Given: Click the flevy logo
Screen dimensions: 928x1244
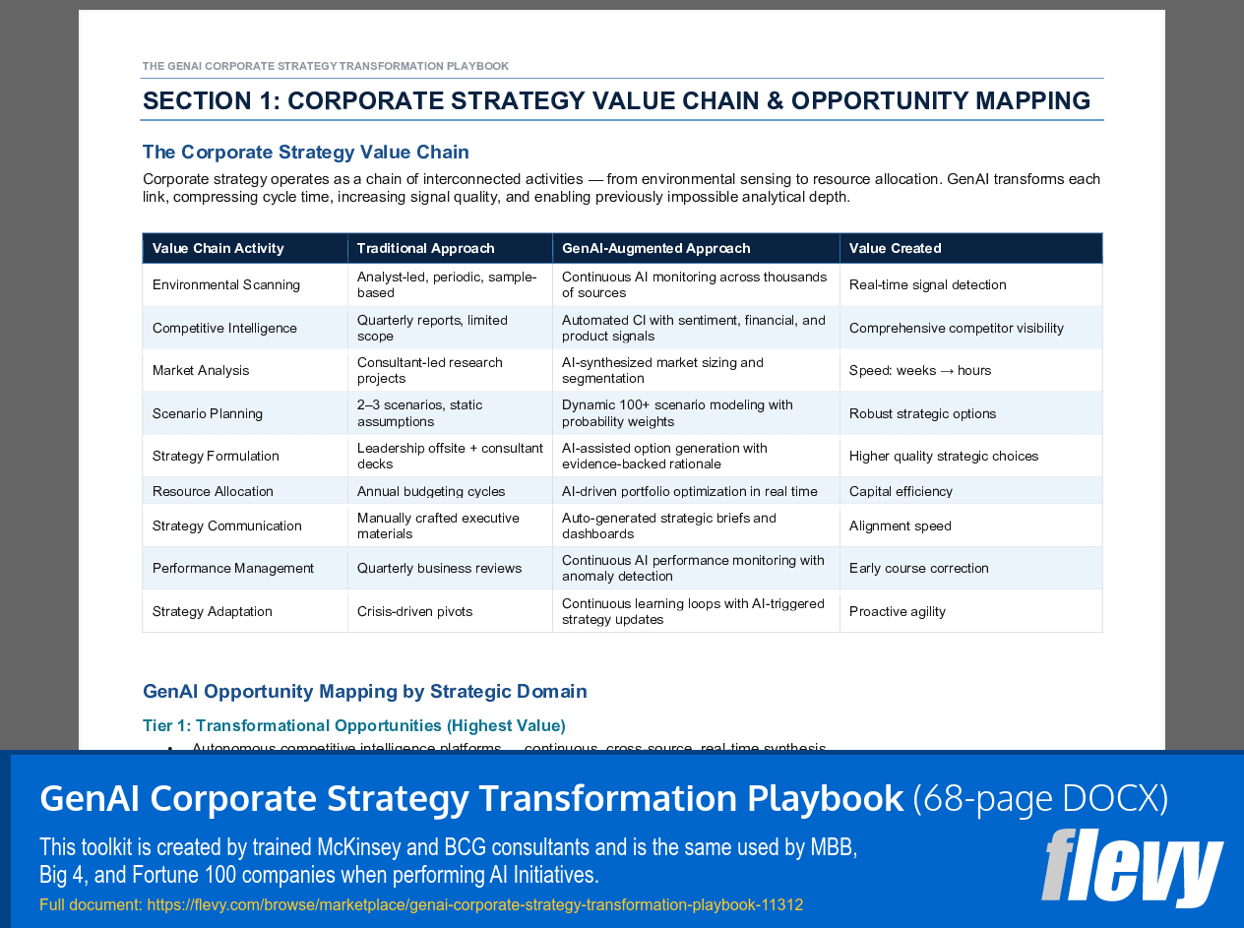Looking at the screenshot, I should [x=1132, y=868].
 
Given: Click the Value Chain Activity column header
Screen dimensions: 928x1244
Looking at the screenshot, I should [x=218, y=248].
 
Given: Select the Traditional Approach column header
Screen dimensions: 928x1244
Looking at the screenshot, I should [x=425, y=248].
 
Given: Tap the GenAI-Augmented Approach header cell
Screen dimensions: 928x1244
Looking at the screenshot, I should [x=655, y=248].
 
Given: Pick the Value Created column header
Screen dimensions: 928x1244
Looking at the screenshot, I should [x=895, y=248].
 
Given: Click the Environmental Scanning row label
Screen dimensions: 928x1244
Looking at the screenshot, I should [x=225, y=284].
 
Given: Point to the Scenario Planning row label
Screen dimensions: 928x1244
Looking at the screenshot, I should [x=207, y=413].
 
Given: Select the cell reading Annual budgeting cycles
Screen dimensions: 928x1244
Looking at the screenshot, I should [x=430, y=491].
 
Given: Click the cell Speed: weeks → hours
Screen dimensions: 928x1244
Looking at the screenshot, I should [x=919, y=370].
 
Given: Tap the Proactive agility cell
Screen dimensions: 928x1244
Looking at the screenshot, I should [x=897, y=611].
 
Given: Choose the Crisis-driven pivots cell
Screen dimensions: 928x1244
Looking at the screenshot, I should [x=414, y=611].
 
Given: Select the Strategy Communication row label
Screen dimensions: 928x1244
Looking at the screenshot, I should [x=226, y=526].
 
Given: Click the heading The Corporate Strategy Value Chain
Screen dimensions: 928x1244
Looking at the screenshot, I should [x=305, y=152].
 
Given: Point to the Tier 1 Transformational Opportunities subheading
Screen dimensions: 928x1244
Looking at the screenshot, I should [x=353, y=725].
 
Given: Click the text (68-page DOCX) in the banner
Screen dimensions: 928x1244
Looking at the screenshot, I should [x=1039, y=798].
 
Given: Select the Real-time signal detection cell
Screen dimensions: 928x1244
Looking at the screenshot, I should [x=927, y=284].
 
